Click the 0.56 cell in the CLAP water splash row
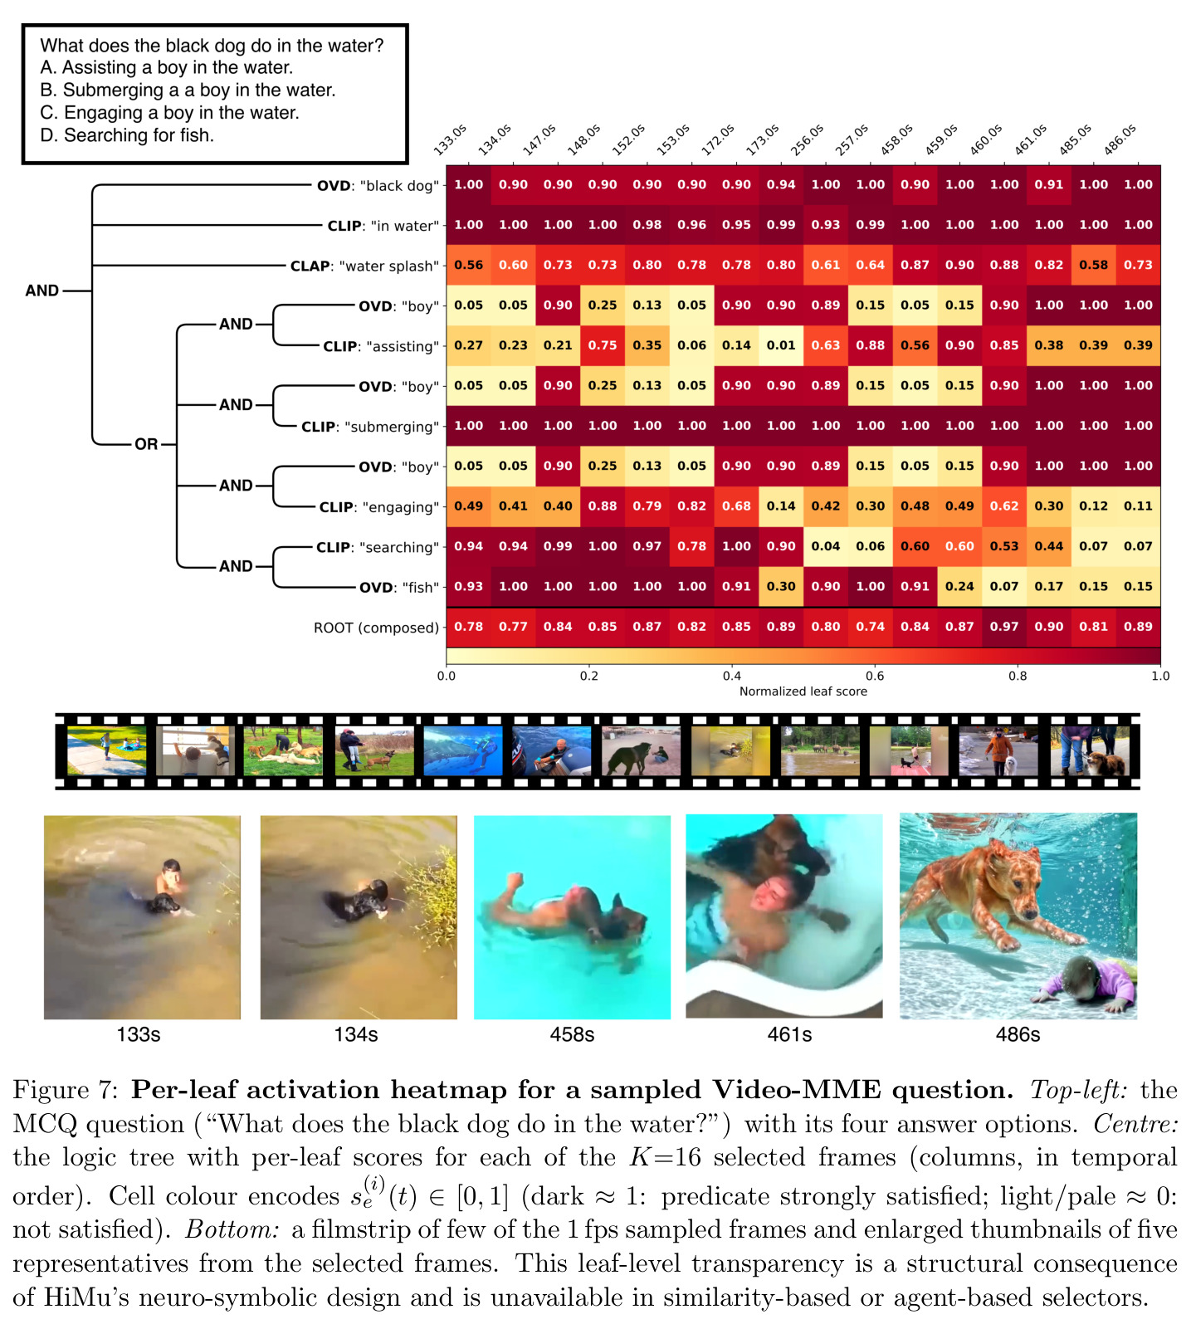[x=469, y=265]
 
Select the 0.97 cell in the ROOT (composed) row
[x=1004, y=627]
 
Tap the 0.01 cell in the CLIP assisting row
[x=781, y=345]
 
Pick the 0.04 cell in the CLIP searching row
[x=826, y=546]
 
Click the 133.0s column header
[x=450, y=139]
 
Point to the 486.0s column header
[x=1120, y=139]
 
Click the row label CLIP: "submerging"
[x=370, y=427]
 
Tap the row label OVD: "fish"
[x=399, y=588]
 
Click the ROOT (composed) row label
[x=376, y=628]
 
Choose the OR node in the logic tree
[x=146, y=444]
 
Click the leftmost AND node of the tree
[x=42, y=291]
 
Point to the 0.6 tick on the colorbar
[x=875, y=676]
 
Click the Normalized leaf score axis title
[x=803, y=691]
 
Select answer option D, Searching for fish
[x=127, y=135]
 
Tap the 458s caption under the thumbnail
[x=572, y=1034]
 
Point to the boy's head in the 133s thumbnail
[x=172, y=867]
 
